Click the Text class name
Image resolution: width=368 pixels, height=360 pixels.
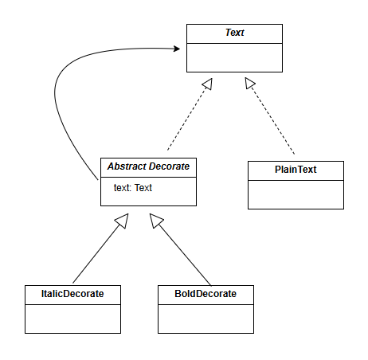[234, 33]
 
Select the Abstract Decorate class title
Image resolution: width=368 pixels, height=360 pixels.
[148, 166]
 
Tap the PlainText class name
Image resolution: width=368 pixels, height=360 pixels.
[296, 170]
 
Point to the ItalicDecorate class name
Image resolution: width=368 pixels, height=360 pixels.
[72, 294]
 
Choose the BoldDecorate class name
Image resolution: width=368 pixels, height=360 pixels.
[206, 294]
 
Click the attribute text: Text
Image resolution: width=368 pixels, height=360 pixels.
[133, 188]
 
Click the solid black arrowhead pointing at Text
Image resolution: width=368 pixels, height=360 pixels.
[177, 49]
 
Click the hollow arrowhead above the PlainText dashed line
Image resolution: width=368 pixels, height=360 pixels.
[249, 83]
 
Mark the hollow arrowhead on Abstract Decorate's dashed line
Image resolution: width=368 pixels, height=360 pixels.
[208, 84]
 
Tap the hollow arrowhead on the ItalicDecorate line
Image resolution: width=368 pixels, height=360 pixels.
[122, 221]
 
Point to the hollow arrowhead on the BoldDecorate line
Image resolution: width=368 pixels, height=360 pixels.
[156, 221]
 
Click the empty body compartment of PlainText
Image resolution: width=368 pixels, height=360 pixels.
[296, 194]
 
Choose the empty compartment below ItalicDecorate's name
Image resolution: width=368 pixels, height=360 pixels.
[72, 319]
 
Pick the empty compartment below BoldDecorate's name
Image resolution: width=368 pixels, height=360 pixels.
[206, 319]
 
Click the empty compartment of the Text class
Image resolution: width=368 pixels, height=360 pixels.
[234, 57]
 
